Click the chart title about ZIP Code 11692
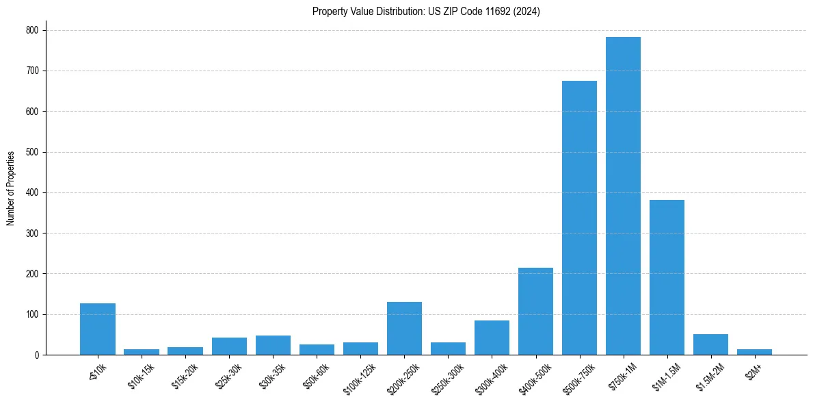pyautogui.click(x=426, y=12)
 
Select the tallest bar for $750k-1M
pyautogui.click(x=623, y=196)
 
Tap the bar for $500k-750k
pyautogui.click(x=579, y=218)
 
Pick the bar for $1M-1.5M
pyautogui.click(x=667, y=277)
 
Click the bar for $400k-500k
pyautogui.click(x=535, y=312)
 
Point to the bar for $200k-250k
pyautogui.click(x=404, y=329)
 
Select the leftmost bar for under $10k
pyautogui.click(x=98, y=329)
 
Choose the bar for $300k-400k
pyautogui.click(x=492, y=338)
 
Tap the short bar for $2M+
pyautogui.click(x=754, y=352)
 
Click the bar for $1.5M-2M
pyautogui.click(x=710, y=344)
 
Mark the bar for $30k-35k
pyautogui.click(x=273, y=345)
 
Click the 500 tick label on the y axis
pyautogui.click(x=34, y=152)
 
